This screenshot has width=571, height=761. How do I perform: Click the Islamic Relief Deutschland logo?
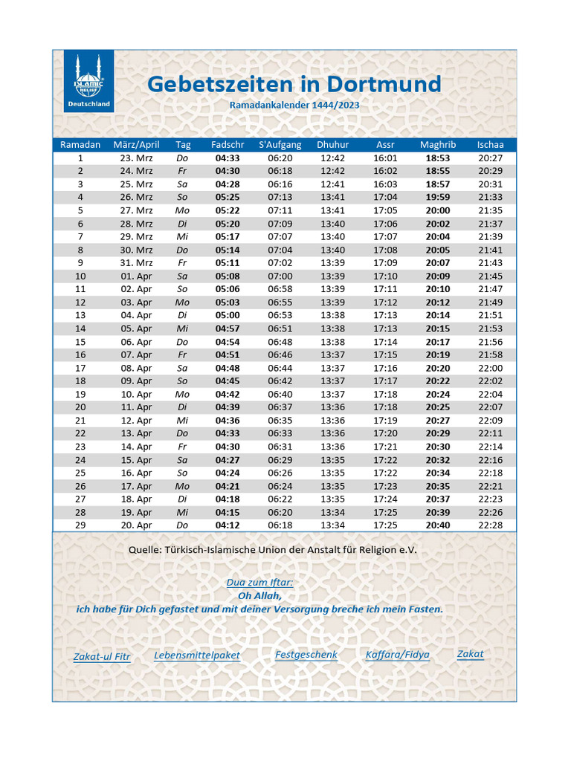pyautogui.click(x=88, y=81)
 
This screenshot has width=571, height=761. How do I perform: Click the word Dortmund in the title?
pyautogui.click(x=381, y=84)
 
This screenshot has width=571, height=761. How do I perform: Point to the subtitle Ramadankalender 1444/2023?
pyautogui.click(x=294, y=106)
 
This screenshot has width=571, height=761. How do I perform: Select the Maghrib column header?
pyautogui.click(x=438, y=145)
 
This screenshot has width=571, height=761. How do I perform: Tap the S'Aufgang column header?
pyautogui.click(x=280, y=145)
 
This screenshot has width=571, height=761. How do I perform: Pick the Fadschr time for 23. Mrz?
pyautogui.click(x=228, y=158)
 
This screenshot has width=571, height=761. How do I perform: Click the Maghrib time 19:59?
pyautogui.click(x=438, y=198)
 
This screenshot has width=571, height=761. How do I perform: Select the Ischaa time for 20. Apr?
pyautogui.click(x=490, y=525)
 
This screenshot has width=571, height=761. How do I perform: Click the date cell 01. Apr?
pyautogui.click(x=136, y=276)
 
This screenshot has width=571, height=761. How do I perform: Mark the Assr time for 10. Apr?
pyautogui.click(x=385, y=395)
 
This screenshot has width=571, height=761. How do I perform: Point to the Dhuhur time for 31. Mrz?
pyautogui.click(x=332, y=263)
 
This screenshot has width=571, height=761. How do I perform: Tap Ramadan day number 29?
pyautogui.click(x=80, y=525)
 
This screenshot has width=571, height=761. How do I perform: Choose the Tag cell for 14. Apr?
pyautogui.click(x=183, y=447)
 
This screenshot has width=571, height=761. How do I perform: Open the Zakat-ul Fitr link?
pyautogui.click(x=102, y=657)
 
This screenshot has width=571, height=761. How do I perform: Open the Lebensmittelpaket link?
pyautogui.click(x=197, y=655)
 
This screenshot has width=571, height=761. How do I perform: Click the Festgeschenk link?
pyautogui.click(x=306, y=655)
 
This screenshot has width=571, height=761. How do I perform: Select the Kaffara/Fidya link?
pyautogui.click(x=398, y=655)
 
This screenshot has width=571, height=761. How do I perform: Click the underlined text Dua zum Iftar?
pyautogui.click(x=259, y=583)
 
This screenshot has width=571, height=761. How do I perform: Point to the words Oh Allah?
pyautogui.click(x=259, y=596)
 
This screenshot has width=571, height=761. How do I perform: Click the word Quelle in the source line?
pyautogui.click(x=145, y=551)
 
